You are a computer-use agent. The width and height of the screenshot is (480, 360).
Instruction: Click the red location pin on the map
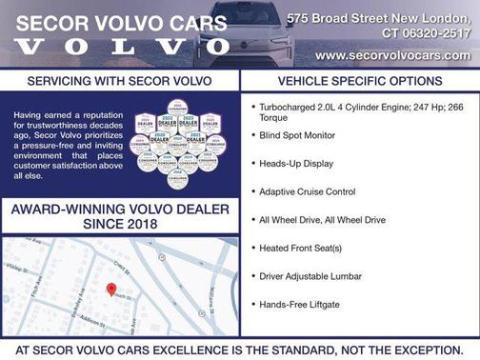point(110,288)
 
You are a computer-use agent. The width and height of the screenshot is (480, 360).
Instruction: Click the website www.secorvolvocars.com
point(392,55)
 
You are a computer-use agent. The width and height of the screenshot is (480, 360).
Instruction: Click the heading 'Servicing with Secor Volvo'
point(120,82)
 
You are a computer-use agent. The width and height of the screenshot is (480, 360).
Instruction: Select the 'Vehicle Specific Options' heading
point(359,82)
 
